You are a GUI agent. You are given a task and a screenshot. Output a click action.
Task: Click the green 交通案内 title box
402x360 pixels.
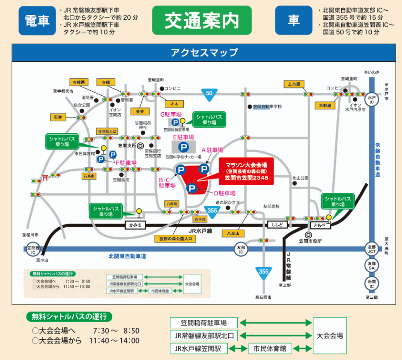201,20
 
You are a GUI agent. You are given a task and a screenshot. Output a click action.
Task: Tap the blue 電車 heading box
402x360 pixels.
37,21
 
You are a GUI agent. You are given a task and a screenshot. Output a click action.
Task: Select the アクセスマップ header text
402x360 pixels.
204,52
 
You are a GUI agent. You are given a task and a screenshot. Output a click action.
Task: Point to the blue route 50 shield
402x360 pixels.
209,93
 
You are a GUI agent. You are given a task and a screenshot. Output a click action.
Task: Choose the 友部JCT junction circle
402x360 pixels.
371,249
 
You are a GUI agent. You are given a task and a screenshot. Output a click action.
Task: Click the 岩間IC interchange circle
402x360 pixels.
371,283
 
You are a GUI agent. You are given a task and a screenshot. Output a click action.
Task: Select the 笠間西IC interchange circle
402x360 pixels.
34,249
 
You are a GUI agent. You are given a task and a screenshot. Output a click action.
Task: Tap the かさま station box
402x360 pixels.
136,225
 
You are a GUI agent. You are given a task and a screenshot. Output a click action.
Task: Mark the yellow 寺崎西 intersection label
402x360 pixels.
80,82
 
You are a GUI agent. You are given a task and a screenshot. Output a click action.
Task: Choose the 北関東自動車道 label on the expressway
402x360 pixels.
127,256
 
